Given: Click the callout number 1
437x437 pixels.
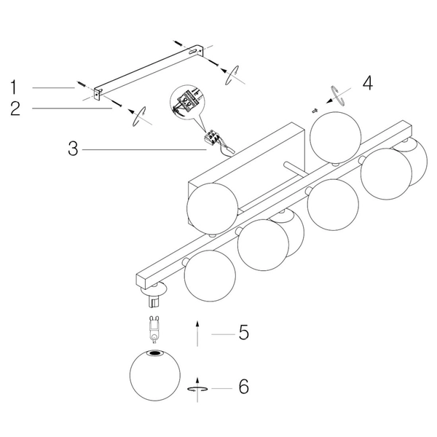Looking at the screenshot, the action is (13, 87).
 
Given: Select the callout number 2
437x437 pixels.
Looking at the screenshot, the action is (15, 108).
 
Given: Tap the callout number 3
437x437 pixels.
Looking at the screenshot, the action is (73, 148).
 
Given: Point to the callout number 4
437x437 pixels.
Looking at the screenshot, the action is (368, 83).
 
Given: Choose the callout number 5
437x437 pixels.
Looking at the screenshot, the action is (243, 332).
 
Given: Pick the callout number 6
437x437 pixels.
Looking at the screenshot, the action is (243, 387).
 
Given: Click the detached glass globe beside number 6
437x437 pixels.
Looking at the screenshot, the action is (155, 375).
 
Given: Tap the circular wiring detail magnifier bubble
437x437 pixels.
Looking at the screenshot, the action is (187, 103).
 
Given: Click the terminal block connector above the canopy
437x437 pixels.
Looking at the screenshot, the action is (211, 137).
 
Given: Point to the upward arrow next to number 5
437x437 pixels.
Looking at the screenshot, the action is (197, 334).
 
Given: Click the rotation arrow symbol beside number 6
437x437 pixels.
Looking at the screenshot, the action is (197, 389).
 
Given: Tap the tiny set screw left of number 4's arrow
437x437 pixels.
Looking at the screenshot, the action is (315, 111).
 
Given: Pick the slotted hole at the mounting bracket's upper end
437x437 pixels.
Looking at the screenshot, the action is (192, 51).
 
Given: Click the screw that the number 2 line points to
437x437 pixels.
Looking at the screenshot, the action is (116, 103).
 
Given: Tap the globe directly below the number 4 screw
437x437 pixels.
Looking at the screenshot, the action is (335, 138).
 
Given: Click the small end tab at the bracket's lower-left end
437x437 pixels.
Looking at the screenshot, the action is (98, 94).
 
